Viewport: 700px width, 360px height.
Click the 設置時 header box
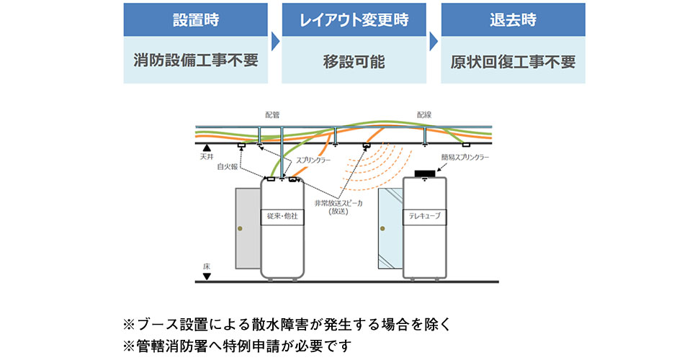[195, 19]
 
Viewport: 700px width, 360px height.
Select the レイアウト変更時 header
[354, 19]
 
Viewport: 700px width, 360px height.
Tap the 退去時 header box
[513, 19]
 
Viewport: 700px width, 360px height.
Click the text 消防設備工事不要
[195, 61]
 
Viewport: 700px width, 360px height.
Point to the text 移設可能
[354, 61]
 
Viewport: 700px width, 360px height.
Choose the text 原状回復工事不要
[513, 61]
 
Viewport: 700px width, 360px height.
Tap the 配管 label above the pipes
[272, 114]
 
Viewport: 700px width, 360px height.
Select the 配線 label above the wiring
[424, 114]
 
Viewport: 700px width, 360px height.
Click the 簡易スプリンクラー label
[465, 156]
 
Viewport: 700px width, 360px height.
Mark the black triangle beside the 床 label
[207, 276]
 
